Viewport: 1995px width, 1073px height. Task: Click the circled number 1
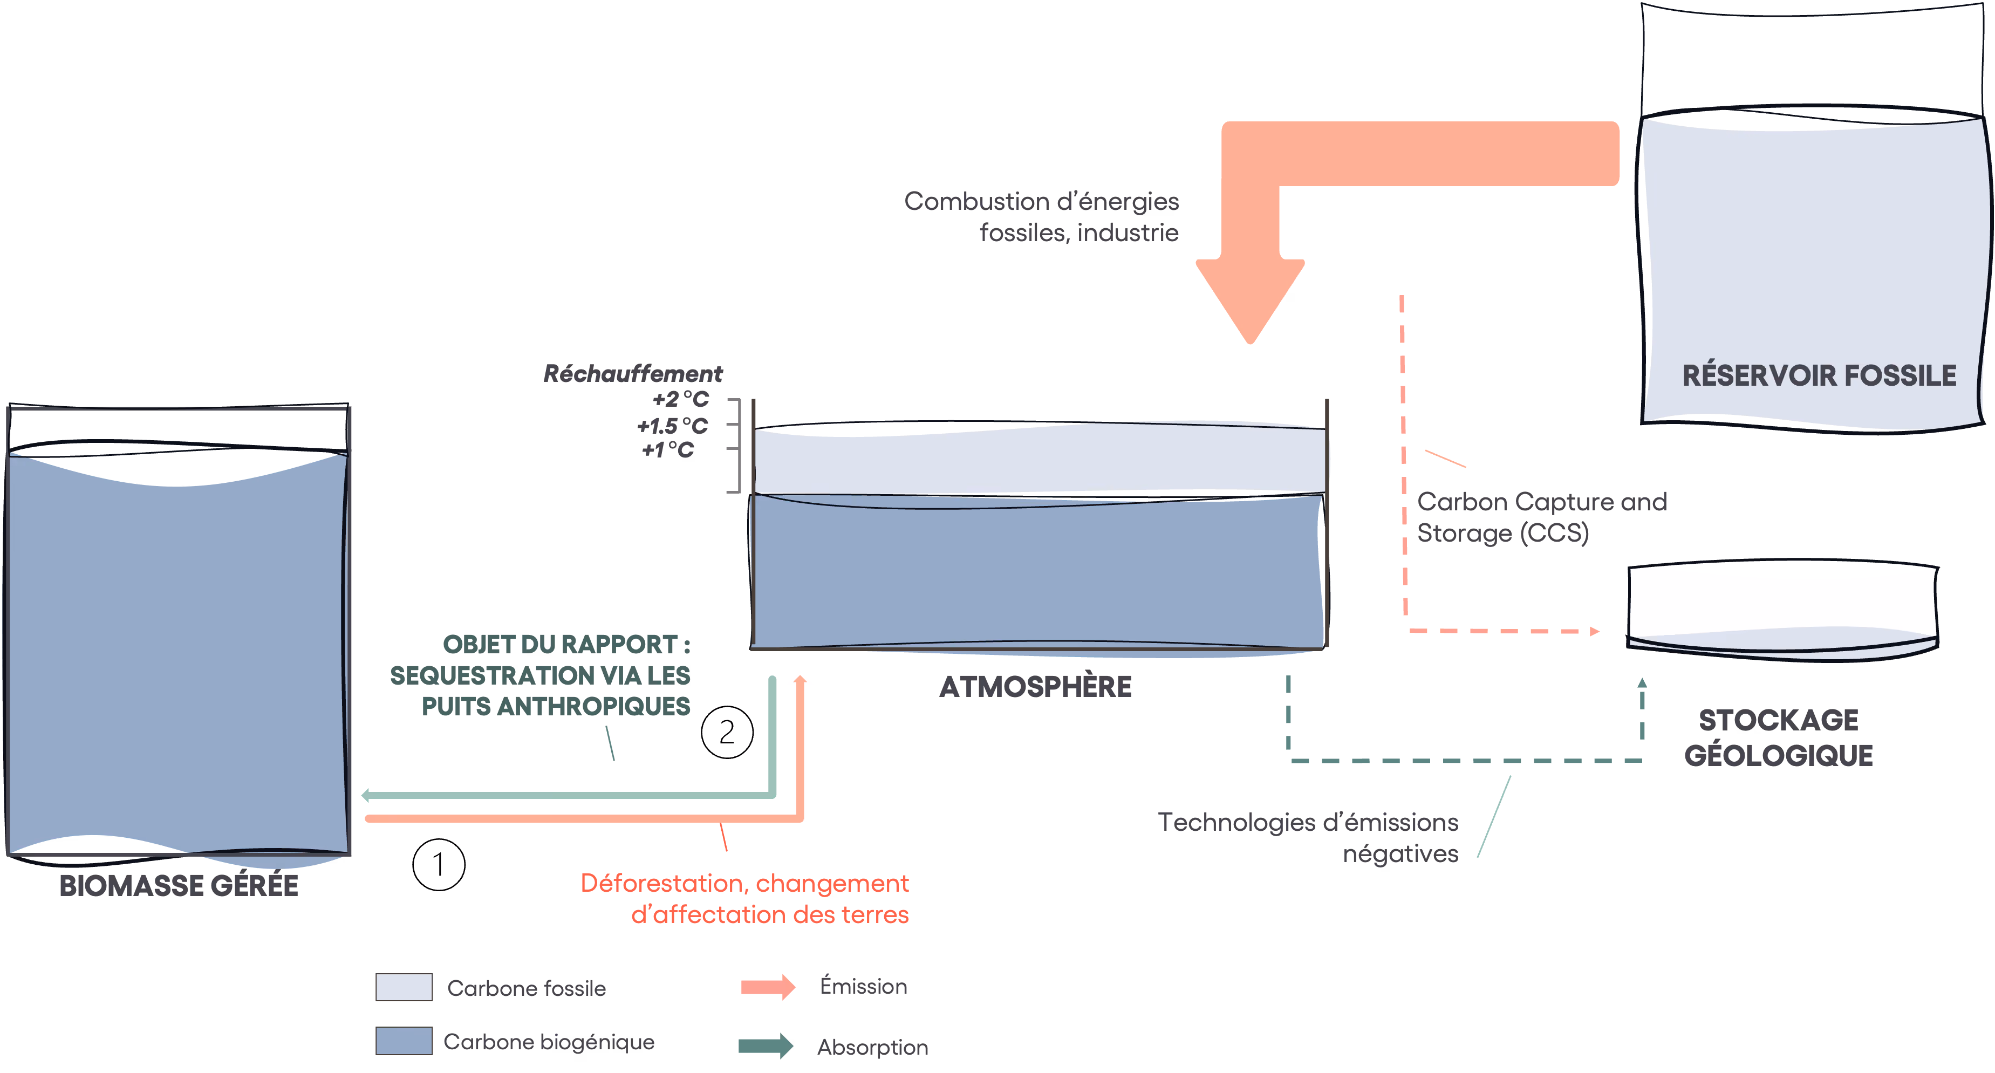tap(439, 864)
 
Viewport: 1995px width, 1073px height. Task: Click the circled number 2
tap(727, 732)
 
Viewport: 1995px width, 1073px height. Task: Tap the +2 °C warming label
tap(681, 399)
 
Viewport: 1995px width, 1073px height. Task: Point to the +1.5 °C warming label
tap(672, 426)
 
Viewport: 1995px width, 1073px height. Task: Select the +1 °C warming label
tap(667, 450)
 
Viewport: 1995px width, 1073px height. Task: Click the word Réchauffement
tap(633, 374)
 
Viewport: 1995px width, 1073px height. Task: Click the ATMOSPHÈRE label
tap(1035, 687)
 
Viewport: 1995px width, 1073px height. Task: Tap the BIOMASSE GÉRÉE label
tap(179, 886)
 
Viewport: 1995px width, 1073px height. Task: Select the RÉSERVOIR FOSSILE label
tap(1819, 375)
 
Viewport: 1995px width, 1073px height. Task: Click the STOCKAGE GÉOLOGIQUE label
tap(1779, 738)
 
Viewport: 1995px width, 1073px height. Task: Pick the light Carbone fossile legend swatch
tap(404, 987)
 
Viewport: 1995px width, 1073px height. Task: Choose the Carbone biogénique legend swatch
tap(404, 1041)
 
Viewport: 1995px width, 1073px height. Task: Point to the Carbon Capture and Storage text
tap(1542, 517)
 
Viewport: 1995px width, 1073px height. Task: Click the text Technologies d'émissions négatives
tap(1308, 838)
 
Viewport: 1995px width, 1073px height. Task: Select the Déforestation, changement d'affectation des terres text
tap(745, 899)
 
